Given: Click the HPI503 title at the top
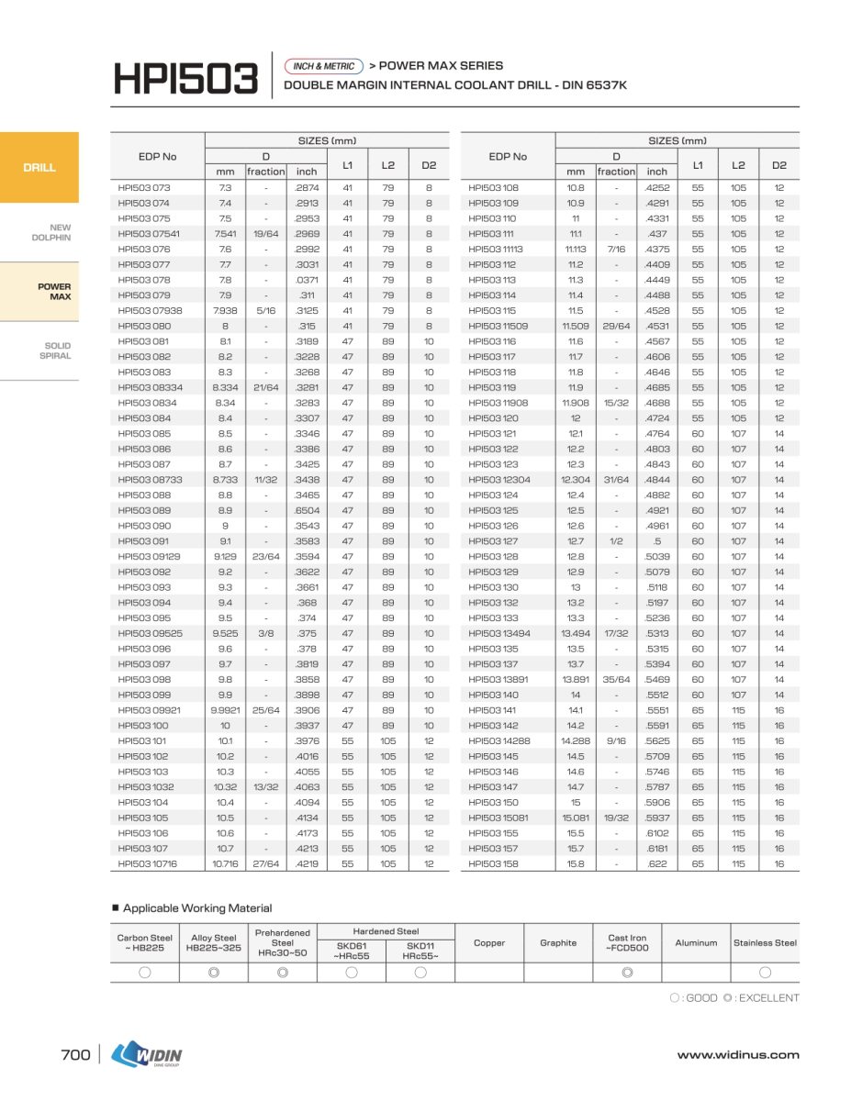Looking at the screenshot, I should (185, 79).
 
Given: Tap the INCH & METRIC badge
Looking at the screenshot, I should (323, 66).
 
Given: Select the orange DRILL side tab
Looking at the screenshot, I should (39, 168).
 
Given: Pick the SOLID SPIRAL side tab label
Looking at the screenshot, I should (55, 350).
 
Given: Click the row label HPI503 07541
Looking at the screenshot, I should (148, 234).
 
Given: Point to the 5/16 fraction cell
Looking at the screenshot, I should (265, 311).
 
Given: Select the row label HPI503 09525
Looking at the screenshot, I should (150, 634).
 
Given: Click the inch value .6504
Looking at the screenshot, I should (306, 511).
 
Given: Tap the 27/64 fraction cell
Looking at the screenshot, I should (265, 864).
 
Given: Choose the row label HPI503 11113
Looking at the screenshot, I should (496, 250).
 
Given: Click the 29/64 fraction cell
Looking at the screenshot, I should (616, 327).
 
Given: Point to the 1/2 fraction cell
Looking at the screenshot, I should (616, 541).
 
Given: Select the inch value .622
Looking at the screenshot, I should (657, 864).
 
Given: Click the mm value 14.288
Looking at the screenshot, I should (576, 741).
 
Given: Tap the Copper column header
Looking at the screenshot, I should (489, 942).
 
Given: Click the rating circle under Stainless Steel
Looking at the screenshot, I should (765, 973).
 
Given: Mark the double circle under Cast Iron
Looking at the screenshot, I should (627, 973).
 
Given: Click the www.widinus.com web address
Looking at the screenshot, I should (738, 1055).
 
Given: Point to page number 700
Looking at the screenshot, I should (75, 1055).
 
